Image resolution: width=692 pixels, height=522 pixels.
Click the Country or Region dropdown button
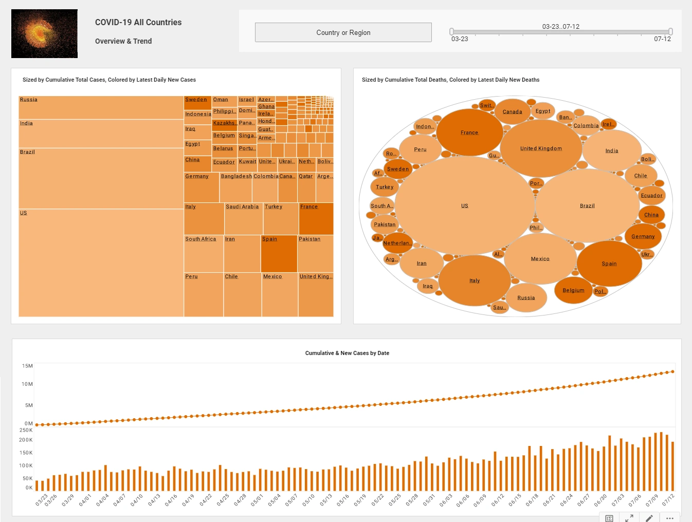(343, 32)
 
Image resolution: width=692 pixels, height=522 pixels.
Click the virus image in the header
(44, 33)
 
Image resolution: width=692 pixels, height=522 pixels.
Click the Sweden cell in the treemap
(197, 102)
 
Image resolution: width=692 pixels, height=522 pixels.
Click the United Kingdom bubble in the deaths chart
(541, 148)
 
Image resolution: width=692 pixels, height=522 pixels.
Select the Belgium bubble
(573, 290)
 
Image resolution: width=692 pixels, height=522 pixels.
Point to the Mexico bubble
(540, 259)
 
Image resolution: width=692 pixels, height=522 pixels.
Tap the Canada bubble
(512, 111)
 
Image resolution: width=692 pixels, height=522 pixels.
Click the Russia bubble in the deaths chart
(526, 297)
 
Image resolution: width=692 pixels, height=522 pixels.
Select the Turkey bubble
(384, 187)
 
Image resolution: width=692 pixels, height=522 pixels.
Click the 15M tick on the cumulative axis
(27, 366)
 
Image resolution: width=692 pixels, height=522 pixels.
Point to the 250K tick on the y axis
(26, 430)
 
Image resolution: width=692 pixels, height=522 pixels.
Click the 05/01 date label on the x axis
(257, 500)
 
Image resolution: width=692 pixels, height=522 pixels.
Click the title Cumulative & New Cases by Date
(347, 353)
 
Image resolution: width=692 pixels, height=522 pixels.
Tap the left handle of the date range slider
(451, 32)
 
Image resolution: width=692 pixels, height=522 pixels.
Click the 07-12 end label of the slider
(662, 39)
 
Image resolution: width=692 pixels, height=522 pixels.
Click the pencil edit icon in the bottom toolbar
(649, 518)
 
